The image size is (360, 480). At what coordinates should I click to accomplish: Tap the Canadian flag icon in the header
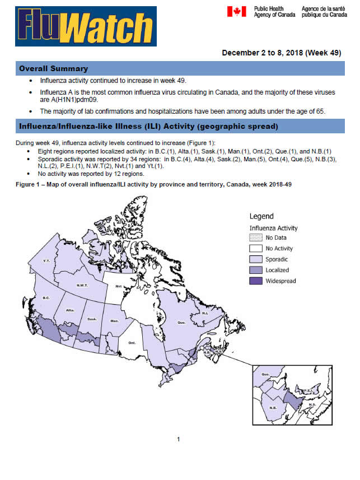[x=235, y=11]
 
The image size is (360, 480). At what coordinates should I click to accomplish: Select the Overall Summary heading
[x=54, y=68]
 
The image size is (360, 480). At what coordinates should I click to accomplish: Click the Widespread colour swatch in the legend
[x=256, y=281]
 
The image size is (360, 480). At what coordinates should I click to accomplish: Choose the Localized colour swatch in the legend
[x=256, y=270]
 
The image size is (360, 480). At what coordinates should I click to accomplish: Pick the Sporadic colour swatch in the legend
[x=256, y=259]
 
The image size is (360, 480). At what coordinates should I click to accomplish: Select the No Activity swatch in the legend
[x=256, y=249]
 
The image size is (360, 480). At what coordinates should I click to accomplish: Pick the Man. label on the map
[x=114, y=321]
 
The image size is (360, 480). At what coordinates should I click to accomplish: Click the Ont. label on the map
[x=132, y=342]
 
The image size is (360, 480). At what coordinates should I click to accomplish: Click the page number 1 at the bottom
[x=178, y=439]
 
